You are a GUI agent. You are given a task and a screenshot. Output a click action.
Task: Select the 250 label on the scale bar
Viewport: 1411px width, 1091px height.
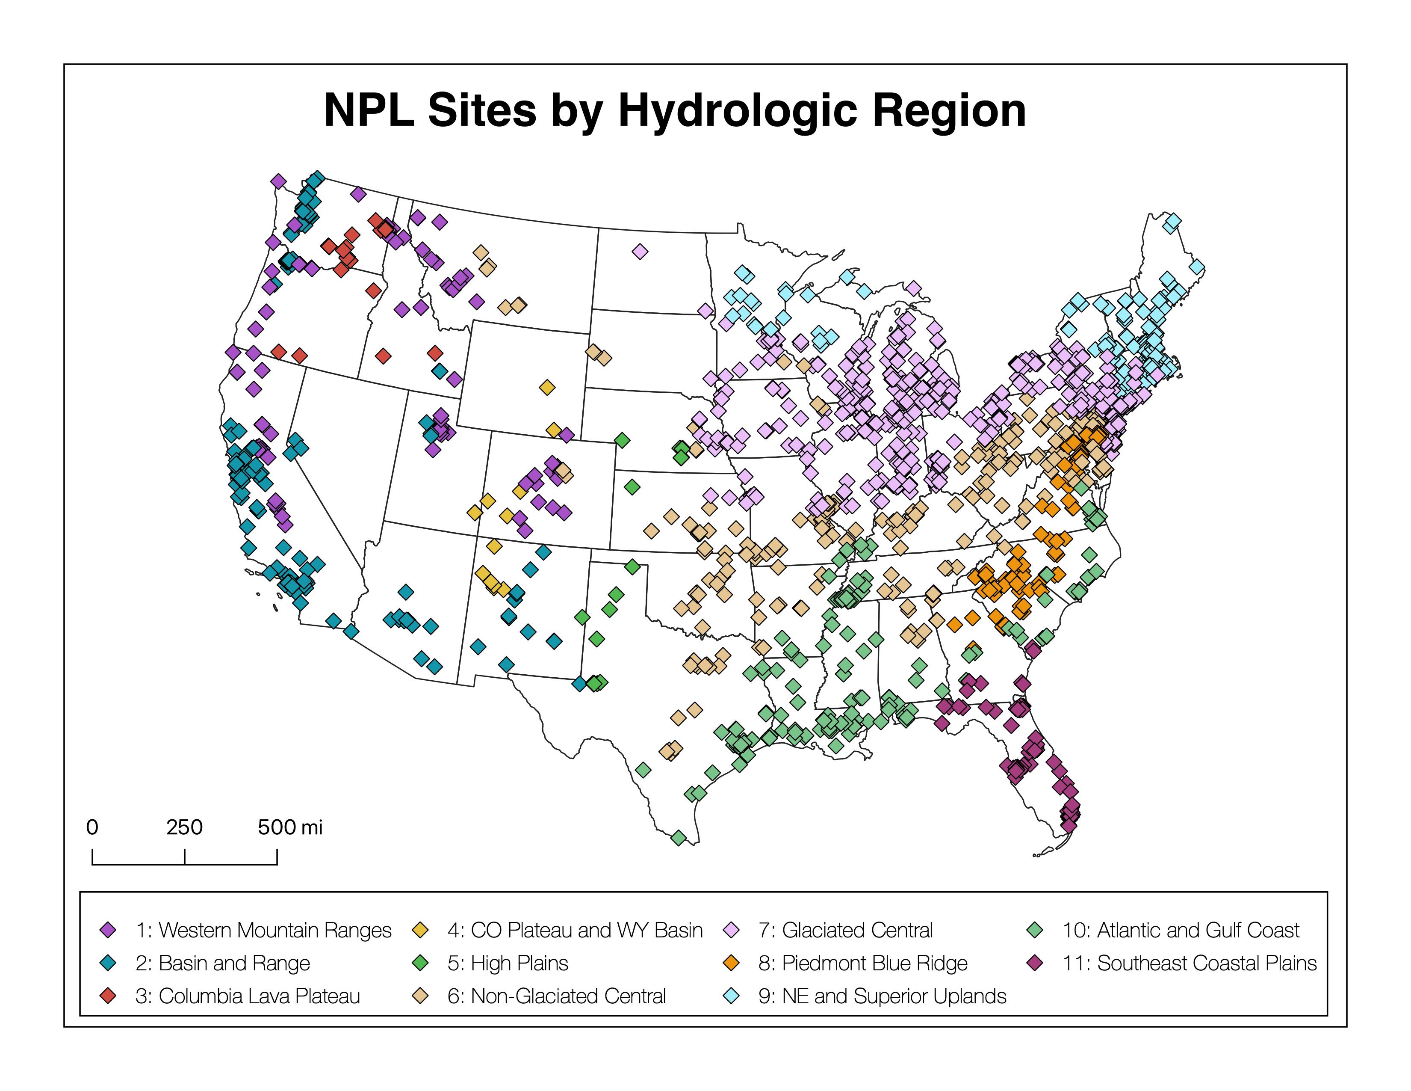click(184, 827)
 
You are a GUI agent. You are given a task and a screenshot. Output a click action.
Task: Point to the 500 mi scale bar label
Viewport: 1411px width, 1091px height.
click(289, 827)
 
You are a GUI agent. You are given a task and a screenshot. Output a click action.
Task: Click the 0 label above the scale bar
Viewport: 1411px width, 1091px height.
click(92, 827)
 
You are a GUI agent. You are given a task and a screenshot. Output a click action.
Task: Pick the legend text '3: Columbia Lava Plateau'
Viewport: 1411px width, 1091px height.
click(248, 996)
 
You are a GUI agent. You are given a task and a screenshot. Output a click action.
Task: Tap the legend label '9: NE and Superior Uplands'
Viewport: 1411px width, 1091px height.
click(882, 996)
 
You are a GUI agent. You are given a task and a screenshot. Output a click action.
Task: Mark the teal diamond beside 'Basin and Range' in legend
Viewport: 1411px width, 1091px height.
click(109, 963)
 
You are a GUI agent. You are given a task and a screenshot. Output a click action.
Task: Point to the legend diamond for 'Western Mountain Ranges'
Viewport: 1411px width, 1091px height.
click(109, 930)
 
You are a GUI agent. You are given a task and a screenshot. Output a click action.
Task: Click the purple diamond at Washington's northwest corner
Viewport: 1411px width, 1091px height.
click(278, 181)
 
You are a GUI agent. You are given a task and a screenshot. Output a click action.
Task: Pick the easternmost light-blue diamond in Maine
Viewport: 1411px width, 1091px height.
click(1196, 267)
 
